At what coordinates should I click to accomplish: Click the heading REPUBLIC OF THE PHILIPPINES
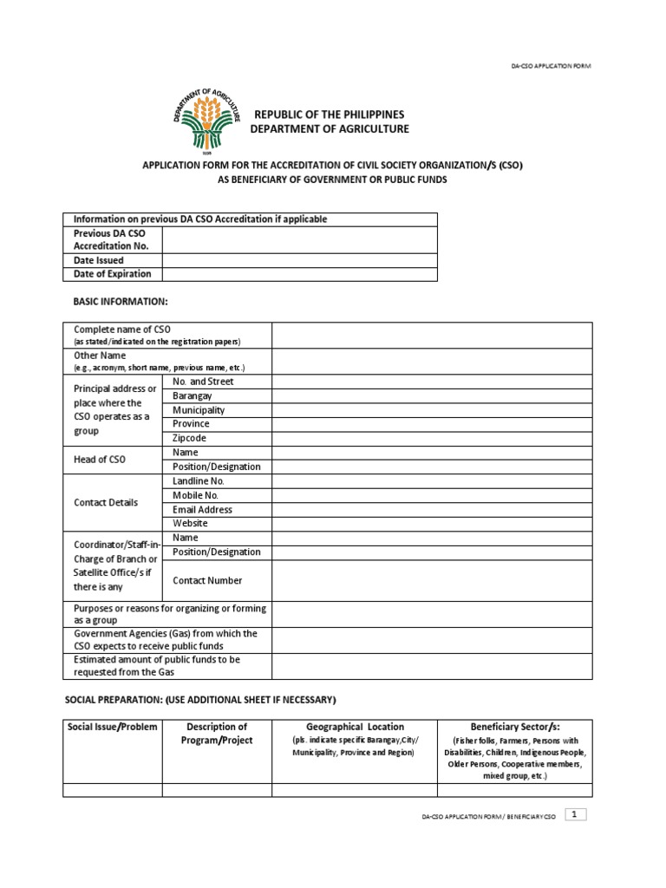pyautogui.click(x=329, y=114)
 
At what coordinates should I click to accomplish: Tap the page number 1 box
pyautogui.click(x=576, y=814)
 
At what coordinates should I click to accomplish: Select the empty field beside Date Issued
pyautogui.click(x=299, y=260)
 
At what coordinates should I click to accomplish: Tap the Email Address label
pyautogui.click(x=202, y=510)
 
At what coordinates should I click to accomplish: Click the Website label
pyautogui.click(x=191, y=524)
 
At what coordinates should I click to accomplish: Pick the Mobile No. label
pyautogui.click(x=195, y=495)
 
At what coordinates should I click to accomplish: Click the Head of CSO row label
pyautogui.click(x=100, y=460)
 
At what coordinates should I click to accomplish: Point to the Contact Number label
pyautogui.click(x=207, y=581)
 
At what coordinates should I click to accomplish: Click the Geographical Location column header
pyautogui.click(x=355, y=727)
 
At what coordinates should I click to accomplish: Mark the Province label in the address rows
pyautogui.click(x=191, y=424)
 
